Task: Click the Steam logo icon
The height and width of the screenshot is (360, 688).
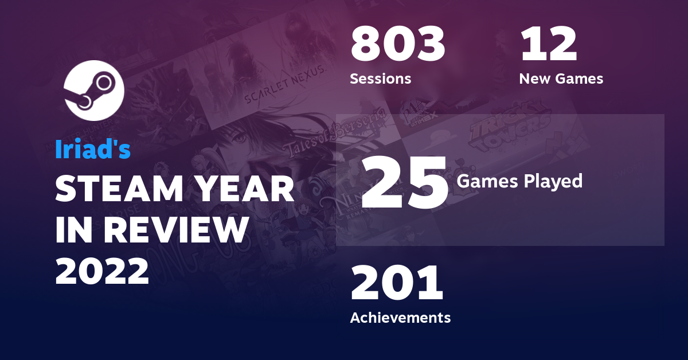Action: (x=93, y=89)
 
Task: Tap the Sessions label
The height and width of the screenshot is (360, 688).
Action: (x=381, y=79)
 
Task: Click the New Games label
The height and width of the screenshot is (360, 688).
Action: (x=561, y=79)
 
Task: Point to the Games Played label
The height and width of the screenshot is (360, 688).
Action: (x=519, y=181)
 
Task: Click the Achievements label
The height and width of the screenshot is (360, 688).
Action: (x=400, y=317)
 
